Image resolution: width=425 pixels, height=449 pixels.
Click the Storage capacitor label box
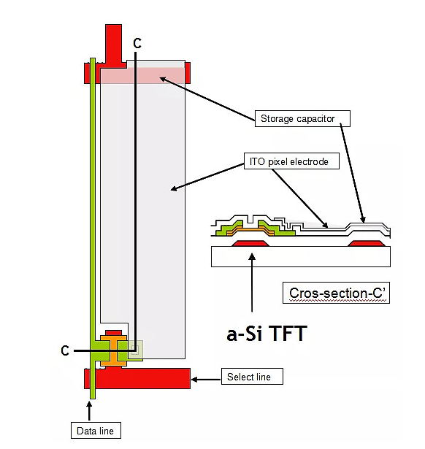pyautogui.click(x=302, y=118)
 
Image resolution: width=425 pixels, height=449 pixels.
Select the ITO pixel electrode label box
pyautogui.click(x=291, y=161)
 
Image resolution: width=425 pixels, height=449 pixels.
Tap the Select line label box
pyautogui.click(x=252, y=377)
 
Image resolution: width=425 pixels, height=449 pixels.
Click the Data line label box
pyautogui.click(x=96, y=431)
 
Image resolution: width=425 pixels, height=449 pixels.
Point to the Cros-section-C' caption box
pyautogui.click(x=336, y=293)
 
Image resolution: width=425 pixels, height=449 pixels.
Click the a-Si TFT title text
pyautogui.click(x=267, y=334)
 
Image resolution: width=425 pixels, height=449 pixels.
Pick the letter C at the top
pyautogui.click(x=137, y=43)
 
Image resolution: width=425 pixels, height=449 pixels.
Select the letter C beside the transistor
pyautogui.click(x=65, y=350)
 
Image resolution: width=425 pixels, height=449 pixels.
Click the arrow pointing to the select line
pyautogui.click(x=206, y=380)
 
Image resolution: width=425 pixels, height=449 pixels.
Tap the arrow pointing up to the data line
pyautogui.click(x=89, y=411)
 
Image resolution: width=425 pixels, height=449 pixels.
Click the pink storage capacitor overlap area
pyautogui.click(x=142, y=76)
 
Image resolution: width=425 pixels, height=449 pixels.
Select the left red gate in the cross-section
pyautogui.click(x=250, y=243)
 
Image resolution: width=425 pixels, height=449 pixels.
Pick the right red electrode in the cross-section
pyautogui.click(x=366, y=243)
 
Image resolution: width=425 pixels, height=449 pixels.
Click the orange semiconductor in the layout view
pyautogui.click(x=113, y=351)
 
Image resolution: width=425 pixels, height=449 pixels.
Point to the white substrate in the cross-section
pyautogui.click(x=301, y=256)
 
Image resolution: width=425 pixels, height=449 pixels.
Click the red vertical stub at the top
pyautogui.click(x=114, y=43)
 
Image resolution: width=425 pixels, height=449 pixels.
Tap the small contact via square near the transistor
pyautogui.click(x=135, y=349)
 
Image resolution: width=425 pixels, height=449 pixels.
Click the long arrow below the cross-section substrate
pyautogui.click(x=252, y=283)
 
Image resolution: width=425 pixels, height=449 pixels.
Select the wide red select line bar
pyautogui.click(x=137, y=379)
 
